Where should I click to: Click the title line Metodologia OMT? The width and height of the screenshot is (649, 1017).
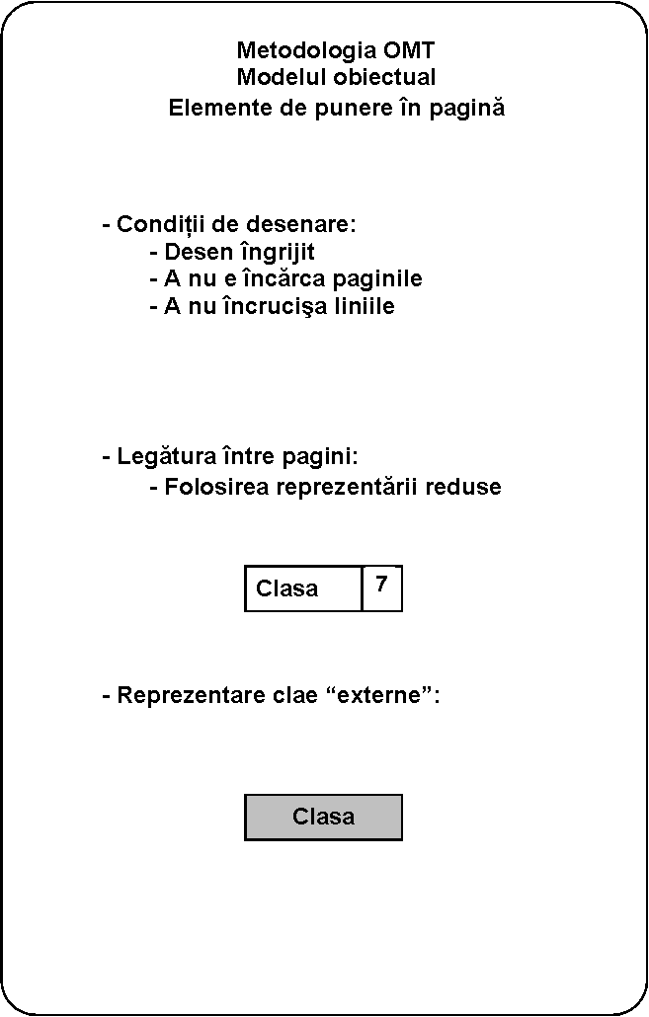pos(336,50)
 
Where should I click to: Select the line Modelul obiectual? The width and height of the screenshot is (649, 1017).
pos(336,77)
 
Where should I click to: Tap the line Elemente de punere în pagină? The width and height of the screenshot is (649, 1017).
pos(336,108)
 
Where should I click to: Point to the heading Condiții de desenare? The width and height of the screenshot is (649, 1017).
pos(229,224)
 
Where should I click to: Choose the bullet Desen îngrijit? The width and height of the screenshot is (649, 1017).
pos(232,252)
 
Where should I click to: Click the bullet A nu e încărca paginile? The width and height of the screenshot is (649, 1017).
pos(285,278)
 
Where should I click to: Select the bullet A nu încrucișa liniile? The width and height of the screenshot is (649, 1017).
pos(272,306)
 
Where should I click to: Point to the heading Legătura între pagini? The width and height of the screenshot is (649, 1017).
pos(229,457)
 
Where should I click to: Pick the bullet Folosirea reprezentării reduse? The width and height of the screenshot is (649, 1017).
pos(325,487)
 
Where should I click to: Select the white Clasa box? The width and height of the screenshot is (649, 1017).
pos(303,588)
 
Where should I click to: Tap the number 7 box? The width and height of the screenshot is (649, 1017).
pos(382,588)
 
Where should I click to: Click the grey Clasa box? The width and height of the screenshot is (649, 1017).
pos(324,817)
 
